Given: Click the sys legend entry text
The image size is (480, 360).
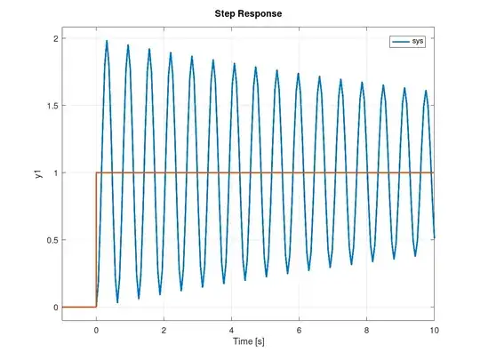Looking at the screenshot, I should pyautogui.click(x=418, y=42).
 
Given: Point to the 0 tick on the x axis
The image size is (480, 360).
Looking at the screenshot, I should pyautogui.click(x=96, y=328).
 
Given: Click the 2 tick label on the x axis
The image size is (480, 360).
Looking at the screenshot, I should pyautogui.click(x=164, y=328).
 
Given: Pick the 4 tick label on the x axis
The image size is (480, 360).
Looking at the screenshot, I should pyautogui.click(x=231, y=328).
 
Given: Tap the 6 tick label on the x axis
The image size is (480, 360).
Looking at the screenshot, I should pyautogui.click(x=299, y=328).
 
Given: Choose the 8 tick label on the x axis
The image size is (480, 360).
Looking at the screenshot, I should pyautogui.click(x=366, y=328).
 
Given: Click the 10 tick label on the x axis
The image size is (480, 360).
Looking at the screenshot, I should pyautogui.click(x=433, y=328).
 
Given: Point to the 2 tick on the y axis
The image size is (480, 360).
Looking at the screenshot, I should pyautogui.click(x=55, y=39).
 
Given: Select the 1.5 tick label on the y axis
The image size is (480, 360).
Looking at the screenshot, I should pyautogui.click(x=51, y=106).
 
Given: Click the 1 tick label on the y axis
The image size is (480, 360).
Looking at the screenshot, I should pyautogui.click(x=55, y=173).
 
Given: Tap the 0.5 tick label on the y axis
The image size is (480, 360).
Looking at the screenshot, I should pyautogui.click(x=51, y=240).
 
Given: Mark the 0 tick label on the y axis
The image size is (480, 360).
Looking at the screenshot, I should pyautogui.click(x=55, y=308).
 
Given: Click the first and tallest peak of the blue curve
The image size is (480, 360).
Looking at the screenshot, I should pyautogui.click(x=107, y=41).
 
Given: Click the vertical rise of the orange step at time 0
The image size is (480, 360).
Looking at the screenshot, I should pyautogui.click(x=96, y=240).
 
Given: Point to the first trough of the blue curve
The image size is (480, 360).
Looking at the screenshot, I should pyautogui.click(x=117, y=302).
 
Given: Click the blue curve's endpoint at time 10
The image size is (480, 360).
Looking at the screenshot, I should pyautogui.click(x=433, y=237).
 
